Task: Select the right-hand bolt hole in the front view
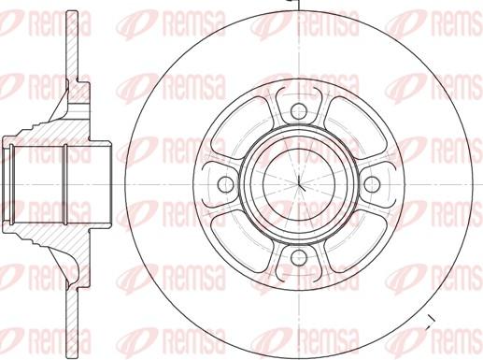point(372,183)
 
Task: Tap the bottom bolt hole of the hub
point(299,257)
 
